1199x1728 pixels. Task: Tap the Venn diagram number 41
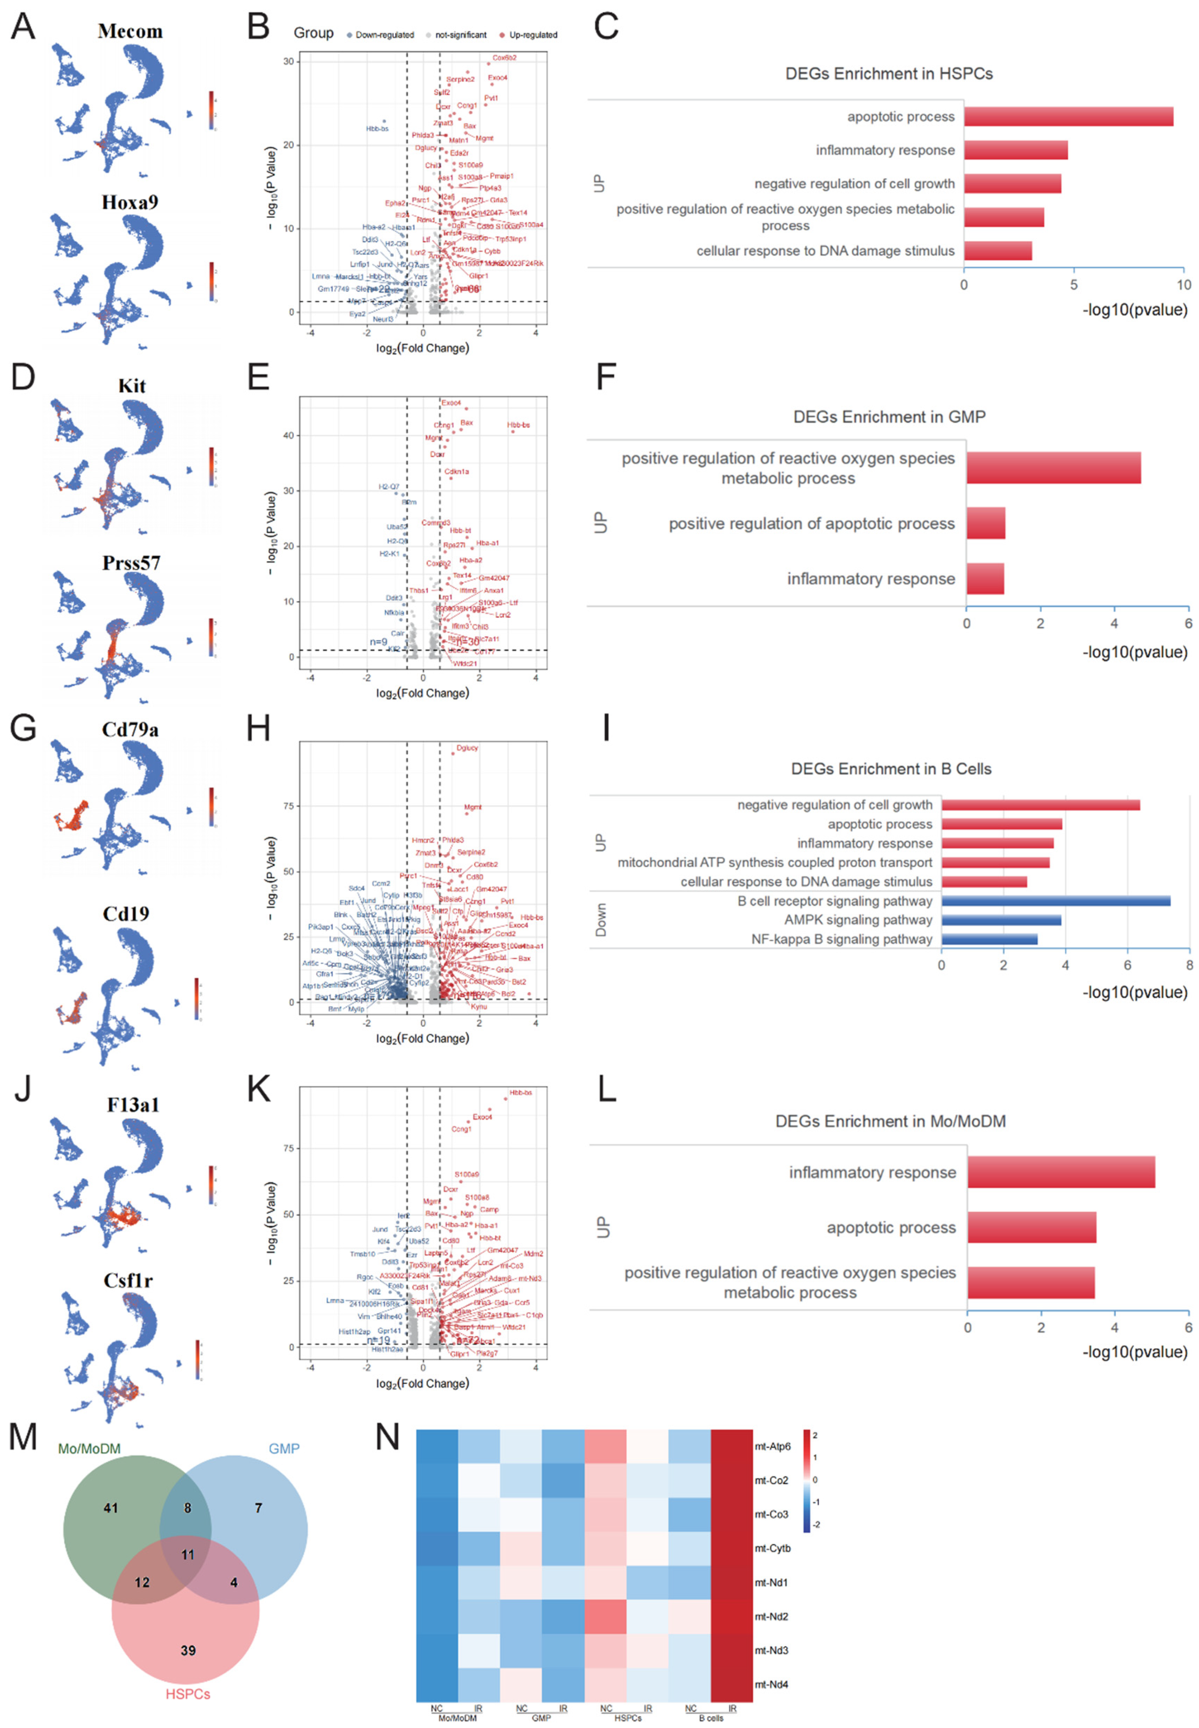(x=110, y=1508)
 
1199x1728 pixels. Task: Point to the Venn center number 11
(x=188, y=1554)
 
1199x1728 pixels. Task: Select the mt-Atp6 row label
(x=772, y=1446)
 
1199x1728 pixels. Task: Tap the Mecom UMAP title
(x=130, y=31)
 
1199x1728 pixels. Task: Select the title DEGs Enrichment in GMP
(x=889, y=417)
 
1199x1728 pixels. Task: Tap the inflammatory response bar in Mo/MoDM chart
(x=1061, y=1173)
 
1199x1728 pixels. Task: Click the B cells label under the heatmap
(x=711, y=1718)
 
